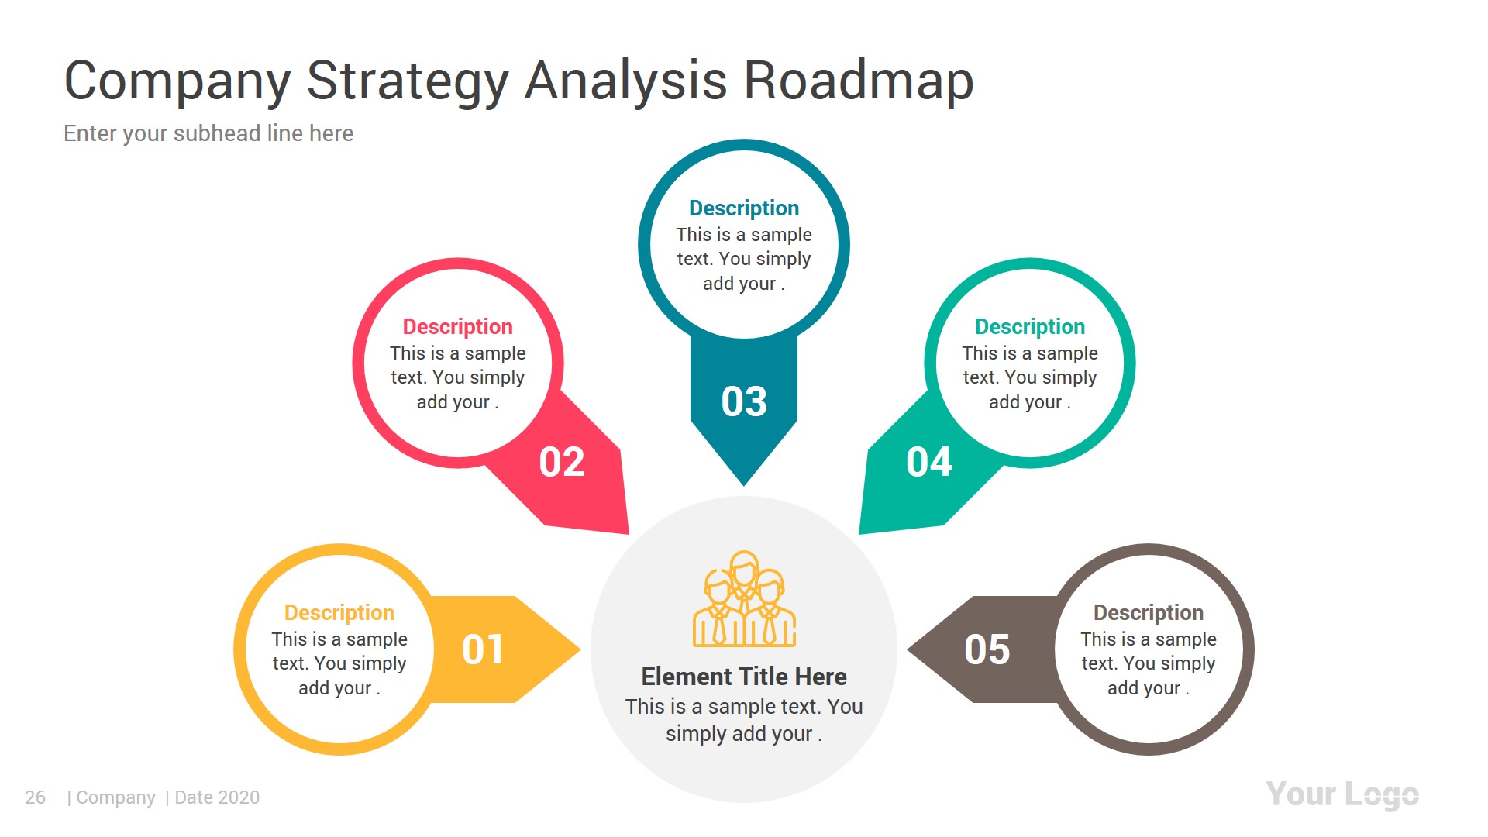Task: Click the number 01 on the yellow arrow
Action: point(482,649)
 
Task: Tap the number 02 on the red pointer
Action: point(562,463)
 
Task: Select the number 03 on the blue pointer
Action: point(744,401)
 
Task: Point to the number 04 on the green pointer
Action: point(928,463)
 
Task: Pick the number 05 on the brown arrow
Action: point(987,649)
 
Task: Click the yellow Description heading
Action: point(339,613)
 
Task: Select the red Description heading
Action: point(457,327)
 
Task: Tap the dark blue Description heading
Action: point(744,208)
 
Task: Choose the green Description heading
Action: point(1029,327)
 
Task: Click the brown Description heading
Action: point(1148,613)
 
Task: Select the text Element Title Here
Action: point(744,677)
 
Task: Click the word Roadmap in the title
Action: point(858,81)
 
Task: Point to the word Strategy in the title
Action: point(408,81)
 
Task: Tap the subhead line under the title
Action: point(208,133)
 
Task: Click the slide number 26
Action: point(35,797)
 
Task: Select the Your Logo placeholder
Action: point(1342,795)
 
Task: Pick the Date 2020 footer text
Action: point(217,797)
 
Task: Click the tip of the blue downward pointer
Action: point(744,483)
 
